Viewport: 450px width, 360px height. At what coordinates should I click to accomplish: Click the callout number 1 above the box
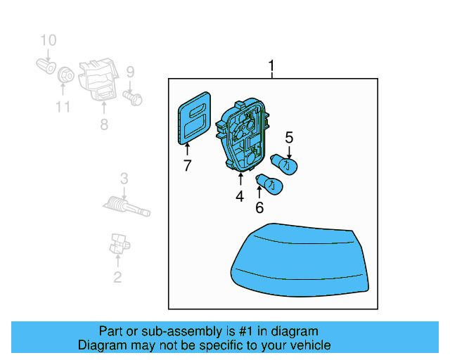point(271,67)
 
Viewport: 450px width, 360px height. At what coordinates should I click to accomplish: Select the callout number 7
point(187,166)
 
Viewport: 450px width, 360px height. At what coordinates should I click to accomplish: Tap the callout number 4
point(240,197)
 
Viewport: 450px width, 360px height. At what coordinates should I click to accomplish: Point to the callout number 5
point(289,138)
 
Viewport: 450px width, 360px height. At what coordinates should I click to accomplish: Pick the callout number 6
point(259,207)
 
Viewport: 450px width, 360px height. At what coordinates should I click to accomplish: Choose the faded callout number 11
point(63,107)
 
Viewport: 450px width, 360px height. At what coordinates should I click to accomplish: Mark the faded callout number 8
point(104,124)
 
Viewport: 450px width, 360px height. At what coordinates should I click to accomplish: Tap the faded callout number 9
point(130,71)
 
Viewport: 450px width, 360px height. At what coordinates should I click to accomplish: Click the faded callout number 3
point(124,178)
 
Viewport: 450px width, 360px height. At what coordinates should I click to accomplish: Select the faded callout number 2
point(117,277)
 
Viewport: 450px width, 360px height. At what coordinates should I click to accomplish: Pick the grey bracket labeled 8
point(99,79)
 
